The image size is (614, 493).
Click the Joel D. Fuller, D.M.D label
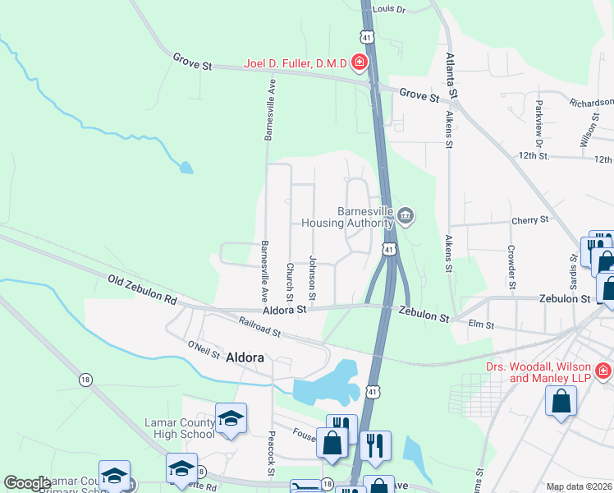[x=296, y=62]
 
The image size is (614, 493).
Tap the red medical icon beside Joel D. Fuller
[x=358, y=62]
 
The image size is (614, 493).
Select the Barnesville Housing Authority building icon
[x=406, y=216]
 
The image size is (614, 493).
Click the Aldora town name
[x=245, y=357]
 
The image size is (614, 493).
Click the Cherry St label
[x=529, y=220]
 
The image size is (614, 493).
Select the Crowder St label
[x=511, y=266]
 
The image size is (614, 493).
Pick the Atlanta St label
[x=451, y=74]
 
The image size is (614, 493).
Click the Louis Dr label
[x=389, y=9]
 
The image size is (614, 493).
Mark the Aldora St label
[x=284, y=309]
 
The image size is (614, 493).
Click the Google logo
[x=26, y=483]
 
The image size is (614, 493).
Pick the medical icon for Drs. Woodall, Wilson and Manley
[x=603, y=371]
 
